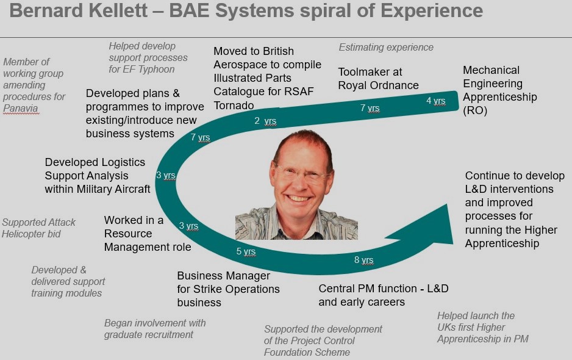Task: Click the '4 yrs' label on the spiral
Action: (x=435, y=101)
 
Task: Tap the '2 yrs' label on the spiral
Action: (x=265, y=121)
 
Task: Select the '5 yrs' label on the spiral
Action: (x=246, y=251)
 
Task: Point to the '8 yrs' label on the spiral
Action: (x=363, y=260)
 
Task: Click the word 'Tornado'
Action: (x=234, y=105)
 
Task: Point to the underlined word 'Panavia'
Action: (x=21, y=109)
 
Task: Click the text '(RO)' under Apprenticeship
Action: (x=475, y=110)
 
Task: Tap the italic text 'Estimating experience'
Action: (x=386, y=47)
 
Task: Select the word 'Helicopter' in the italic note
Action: (x=31, y=234)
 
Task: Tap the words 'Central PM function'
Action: (x=368, y=289)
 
